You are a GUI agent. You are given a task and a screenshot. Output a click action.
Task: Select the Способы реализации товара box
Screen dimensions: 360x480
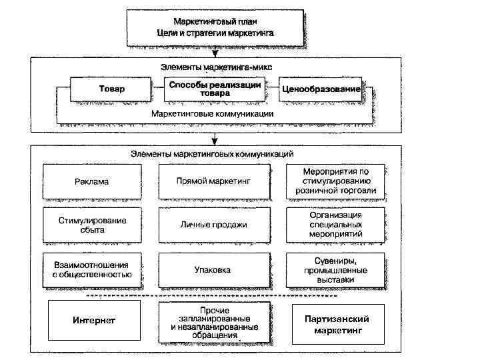[215, 89]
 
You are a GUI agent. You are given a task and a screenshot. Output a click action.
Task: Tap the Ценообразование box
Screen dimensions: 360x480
[321, 89]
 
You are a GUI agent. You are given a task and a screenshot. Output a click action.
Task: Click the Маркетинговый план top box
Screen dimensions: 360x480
[214, 27]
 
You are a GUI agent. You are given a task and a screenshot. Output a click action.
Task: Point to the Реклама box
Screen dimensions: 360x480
[91, 181]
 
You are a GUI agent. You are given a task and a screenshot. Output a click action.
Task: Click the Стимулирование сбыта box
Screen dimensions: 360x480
[91, 225]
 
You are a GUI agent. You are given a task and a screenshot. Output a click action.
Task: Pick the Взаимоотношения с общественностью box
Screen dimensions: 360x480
[91, 270]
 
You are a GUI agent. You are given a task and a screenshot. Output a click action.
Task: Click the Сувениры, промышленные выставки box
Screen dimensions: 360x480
[336, 270]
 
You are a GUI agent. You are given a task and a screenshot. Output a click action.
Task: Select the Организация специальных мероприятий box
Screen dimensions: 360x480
[336, 225]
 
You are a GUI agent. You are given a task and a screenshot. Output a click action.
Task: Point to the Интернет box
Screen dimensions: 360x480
[94, 321]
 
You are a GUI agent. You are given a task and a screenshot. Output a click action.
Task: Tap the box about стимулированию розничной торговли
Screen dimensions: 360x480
[336, 181]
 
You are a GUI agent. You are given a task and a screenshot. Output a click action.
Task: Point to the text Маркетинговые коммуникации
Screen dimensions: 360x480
[212, 114]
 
